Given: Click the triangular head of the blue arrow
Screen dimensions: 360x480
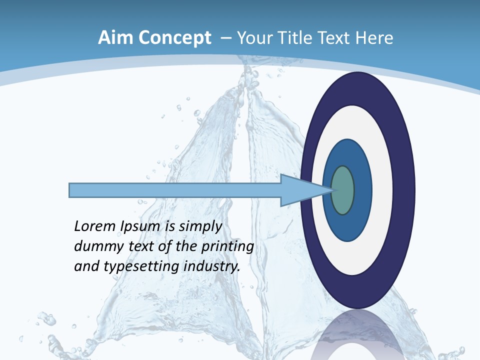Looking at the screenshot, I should pyautogui.click(x=300, y=190).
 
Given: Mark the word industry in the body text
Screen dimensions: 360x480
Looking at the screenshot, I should pyautogui.click(x=212, y=266).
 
